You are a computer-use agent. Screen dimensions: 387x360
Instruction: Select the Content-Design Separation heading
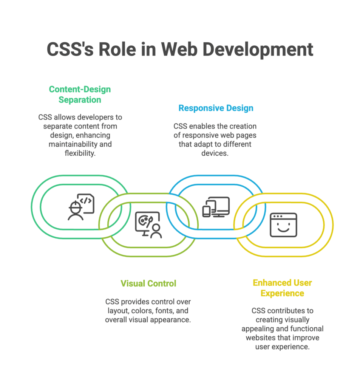pyautogui.click(x=80, y=94)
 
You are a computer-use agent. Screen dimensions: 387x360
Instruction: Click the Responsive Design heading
pyautogui.click(x=216, y=108)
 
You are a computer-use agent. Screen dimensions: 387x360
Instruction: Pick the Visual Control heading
pyautogui.click(x=148, y=283)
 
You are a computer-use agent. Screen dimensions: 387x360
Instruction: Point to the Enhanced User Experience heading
pyautogui.click(x=282, y=288)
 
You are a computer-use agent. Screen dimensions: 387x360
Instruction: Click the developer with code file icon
pyautogui.click(x=81, y=206)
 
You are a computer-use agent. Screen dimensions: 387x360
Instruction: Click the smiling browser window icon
pyautogui.click(x=283, y=225)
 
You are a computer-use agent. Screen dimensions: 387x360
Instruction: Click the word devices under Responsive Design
pyautogui.click(x=215, y=154)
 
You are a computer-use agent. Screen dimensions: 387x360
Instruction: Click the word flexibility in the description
pyautogui.click(x=80, y=153)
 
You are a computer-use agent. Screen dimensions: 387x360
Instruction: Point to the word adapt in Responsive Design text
pyautogui.click(x=203, y=144)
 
